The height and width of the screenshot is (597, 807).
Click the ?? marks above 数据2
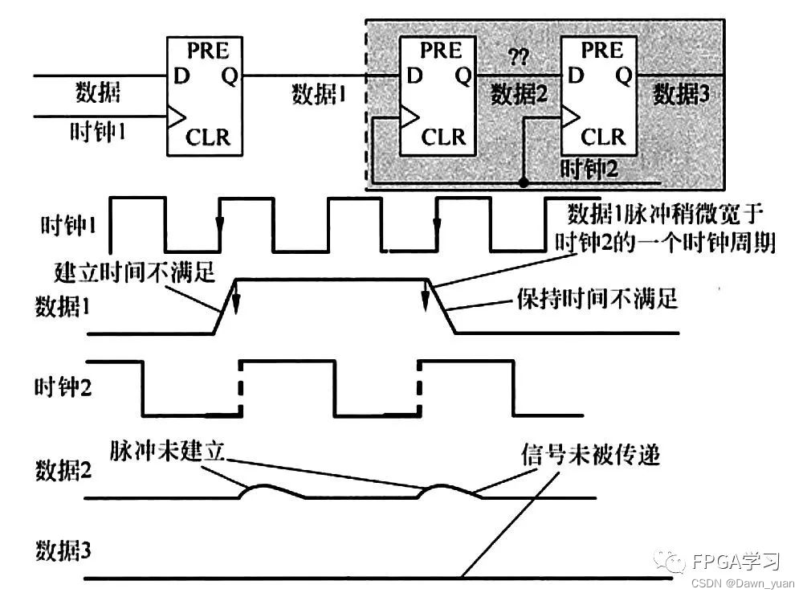pos(517,58)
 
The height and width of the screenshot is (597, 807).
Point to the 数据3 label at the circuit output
pos(681,94)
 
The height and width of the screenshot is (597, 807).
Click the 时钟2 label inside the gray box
pos(586,169)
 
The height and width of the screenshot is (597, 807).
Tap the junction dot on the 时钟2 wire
pos(523,183)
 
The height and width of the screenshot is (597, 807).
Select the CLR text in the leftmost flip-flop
pos(208,137)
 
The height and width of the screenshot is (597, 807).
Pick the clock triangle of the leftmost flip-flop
pos(174,119)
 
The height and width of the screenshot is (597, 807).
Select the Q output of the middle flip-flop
pos(463,76)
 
